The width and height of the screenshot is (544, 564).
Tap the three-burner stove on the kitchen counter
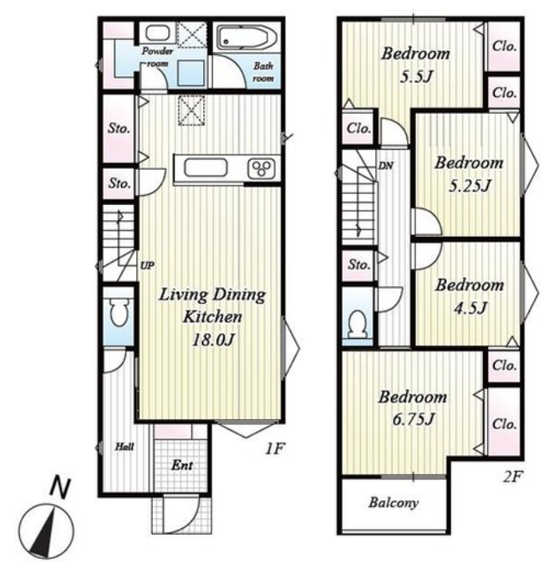[262, 168]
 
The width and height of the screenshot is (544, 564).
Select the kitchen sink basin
[206, 168]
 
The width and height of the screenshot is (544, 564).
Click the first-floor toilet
[119, 311]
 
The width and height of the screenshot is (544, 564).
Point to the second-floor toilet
[358, 324]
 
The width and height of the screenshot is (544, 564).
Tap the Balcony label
[394, 502]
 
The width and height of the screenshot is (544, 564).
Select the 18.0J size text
[213, 340]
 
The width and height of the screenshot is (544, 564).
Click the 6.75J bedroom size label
[413, 419]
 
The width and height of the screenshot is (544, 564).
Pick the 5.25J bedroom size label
[470, 186]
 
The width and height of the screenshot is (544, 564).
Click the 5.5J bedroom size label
[416, 77]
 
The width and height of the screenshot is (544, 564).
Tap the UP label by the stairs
[147, 265]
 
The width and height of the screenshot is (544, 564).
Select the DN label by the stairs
[386, 166]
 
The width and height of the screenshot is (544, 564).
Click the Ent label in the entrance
[182, 465]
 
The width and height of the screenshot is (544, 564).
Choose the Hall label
[125, 447]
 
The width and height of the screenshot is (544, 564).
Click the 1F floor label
[275, 449]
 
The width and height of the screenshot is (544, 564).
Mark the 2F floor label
[511, 477]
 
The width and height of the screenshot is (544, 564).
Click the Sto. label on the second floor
[358, 264]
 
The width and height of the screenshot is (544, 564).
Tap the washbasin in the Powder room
[157, 33]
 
